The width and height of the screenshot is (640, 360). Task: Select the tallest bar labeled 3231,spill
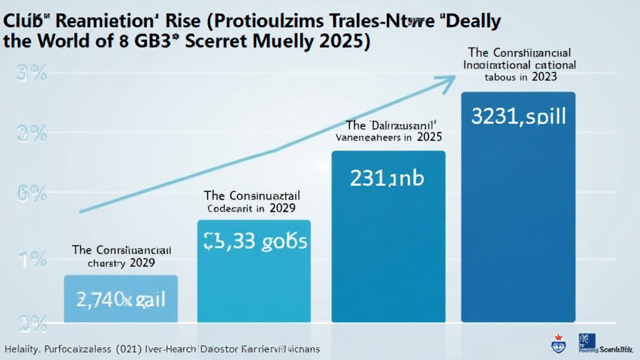click(x=518, y=206)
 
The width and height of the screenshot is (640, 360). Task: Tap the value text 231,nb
click(x=387, y=179)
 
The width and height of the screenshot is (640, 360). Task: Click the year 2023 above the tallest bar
click(x=544, y=77)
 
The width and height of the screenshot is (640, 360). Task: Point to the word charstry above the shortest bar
click(x=106, y=263)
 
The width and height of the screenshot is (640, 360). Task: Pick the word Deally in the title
click(x=464, y=21)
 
